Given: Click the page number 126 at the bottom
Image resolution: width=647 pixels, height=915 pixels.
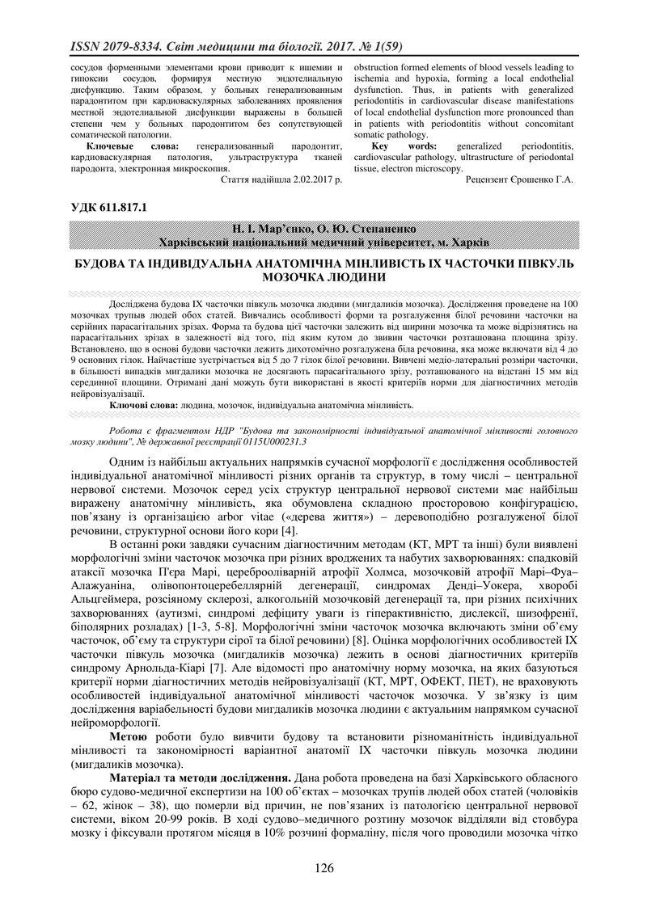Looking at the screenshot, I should click(x=323, y=868).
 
